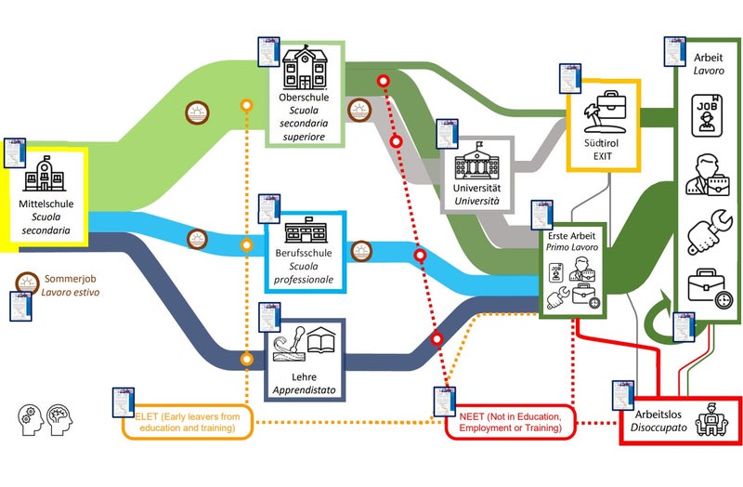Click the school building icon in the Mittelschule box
coord(45,175)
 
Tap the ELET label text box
coord(186,423)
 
